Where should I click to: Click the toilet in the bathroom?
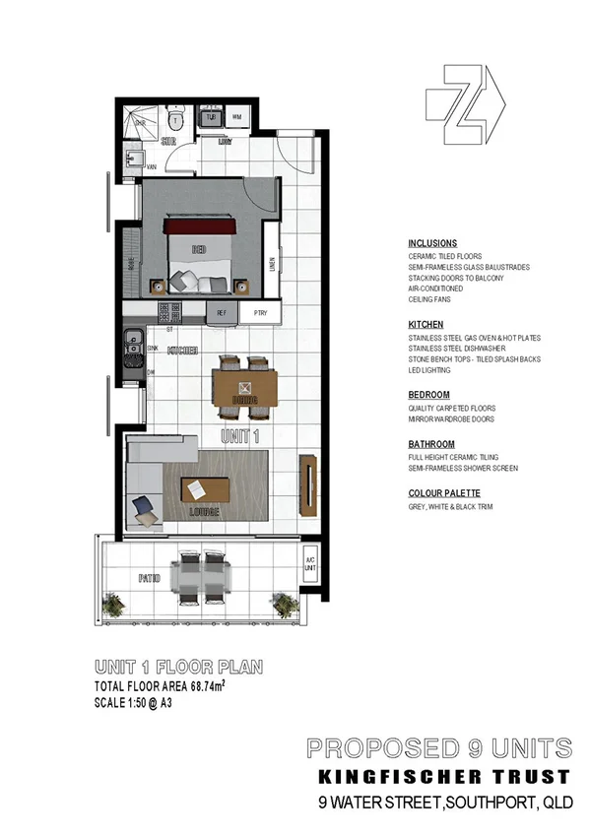click(x=175, y=121)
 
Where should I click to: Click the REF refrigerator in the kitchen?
click(x=222, y=314)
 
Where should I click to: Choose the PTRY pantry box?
click(x=260, y=314)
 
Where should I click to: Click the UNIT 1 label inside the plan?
click(x=241, y=434)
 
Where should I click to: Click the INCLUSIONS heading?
click(x=432, y=243)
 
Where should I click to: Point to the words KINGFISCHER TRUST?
click(x=437, y=776)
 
